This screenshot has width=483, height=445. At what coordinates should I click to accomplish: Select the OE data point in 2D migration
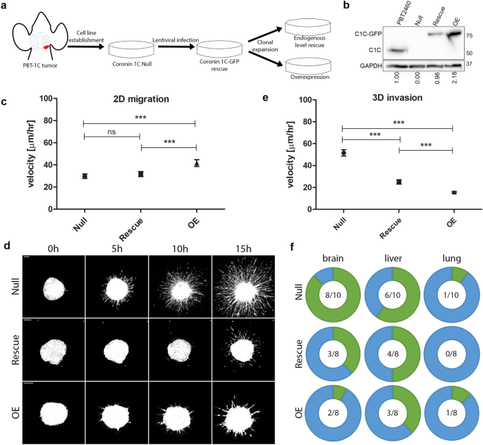[x=197, y=163]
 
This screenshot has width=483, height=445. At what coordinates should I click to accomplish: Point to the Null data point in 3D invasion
[x=343, y=153]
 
